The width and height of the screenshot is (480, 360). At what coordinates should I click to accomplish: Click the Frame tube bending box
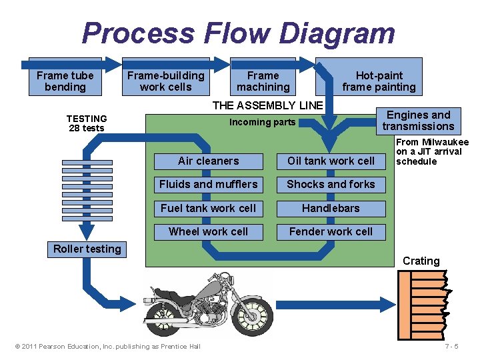pos(65,81)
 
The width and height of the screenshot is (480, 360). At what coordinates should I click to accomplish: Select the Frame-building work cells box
pos(165,81)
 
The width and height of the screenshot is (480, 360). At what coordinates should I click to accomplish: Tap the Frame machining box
pos(263,81)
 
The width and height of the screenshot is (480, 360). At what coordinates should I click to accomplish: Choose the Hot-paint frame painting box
pos(379,81)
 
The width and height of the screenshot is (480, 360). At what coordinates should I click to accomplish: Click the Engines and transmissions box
pos(418,121)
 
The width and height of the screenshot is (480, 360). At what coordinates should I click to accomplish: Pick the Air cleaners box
pos(208,161)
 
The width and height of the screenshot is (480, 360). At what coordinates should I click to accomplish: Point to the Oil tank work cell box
pos(331,161)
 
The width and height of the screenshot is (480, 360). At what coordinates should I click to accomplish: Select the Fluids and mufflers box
pos(208,184)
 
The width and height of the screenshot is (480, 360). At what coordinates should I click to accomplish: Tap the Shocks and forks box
pos(331,184)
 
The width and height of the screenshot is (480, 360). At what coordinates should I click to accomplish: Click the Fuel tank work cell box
pos(208,208)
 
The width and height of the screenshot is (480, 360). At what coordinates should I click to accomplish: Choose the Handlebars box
pos(331,208)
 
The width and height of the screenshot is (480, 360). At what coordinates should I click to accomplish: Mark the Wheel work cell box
pos(208,231)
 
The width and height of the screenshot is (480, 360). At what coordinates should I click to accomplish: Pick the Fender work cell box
pos(331,231)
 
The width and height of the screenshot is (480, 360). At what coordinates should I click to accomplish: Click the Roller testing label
pos(87,249)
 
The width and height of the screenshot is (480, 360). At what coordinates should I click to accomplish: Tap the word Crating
pos(421,261)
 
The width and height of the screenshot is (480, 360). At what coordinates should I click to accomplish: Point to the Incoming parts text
pos(262,122)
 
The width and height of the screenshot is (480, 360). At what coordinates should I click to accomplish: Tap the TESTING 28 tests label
pos(87,123)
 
